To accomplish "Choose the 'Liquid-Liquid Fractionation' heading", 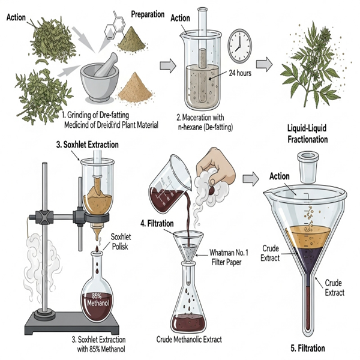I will pyautogui.click(x=309, y=134).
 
